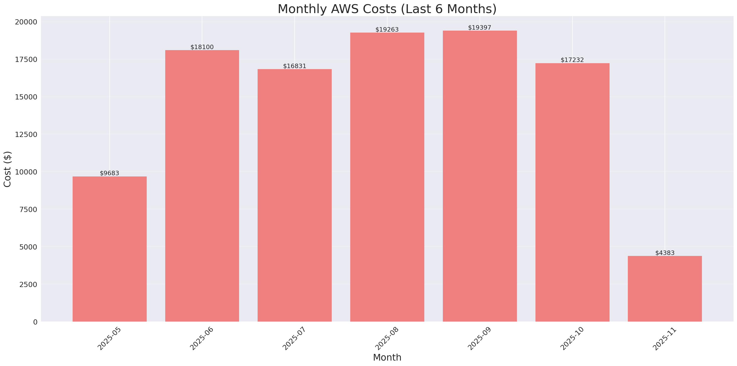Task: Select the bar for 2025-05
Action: tap(110, 249)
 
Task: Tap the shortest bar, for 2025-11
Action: tap(665, 289)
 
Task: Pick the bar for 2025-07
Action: tap(294, 195)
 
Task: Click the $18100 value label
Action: tap(202, 47)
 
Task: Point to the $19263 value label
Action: tap(387, 29)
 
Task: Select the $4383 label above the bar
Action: tap(665, 253)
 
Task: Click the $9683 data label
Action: tap(109, 173)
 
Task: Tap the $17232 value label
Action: tap(572, 60)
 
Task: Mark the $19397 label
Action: tap(479, 27)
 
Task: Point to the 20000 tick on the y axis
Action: tap(26, 22)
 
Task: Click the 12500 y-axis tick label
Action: tap(26, 135)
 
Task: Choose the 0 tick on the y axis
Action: tap(35, 322)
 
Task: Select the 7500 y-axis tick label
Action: tap(28, 210)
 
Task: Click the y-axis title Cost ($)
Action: tap(7, 169)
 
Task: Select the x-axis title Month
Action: tap(387, 357)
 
